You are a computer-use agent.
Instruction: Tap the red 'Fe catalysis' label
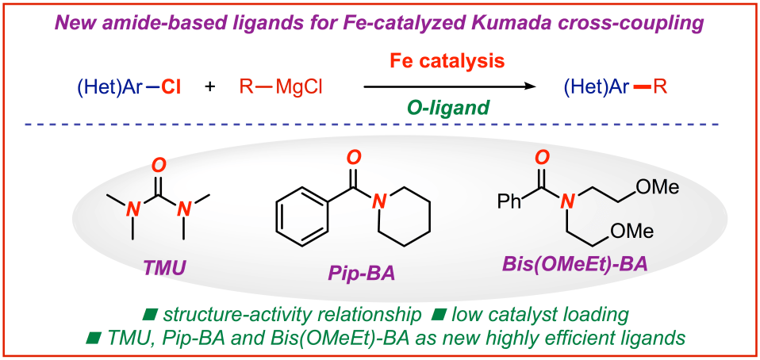click(447, 61)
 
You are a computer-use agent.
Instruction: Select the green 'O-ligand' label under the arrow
click(448, 109)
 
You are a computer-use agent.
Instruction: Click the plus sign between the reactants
click(210, 86)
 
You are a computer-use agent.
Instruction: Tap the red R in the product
click(660, 86)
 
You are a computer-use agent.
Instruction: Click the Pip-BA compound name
click(360, 275)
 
